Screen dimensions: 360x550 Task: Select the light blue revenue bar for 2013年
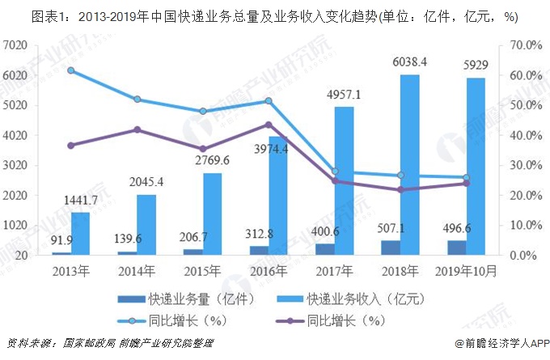[x=80, y=234]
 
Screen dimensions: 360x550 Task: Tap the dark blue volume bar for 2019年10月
[x=455, y=248]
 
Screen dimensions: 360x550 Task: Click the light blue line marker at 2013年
[x=70, y=70]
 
